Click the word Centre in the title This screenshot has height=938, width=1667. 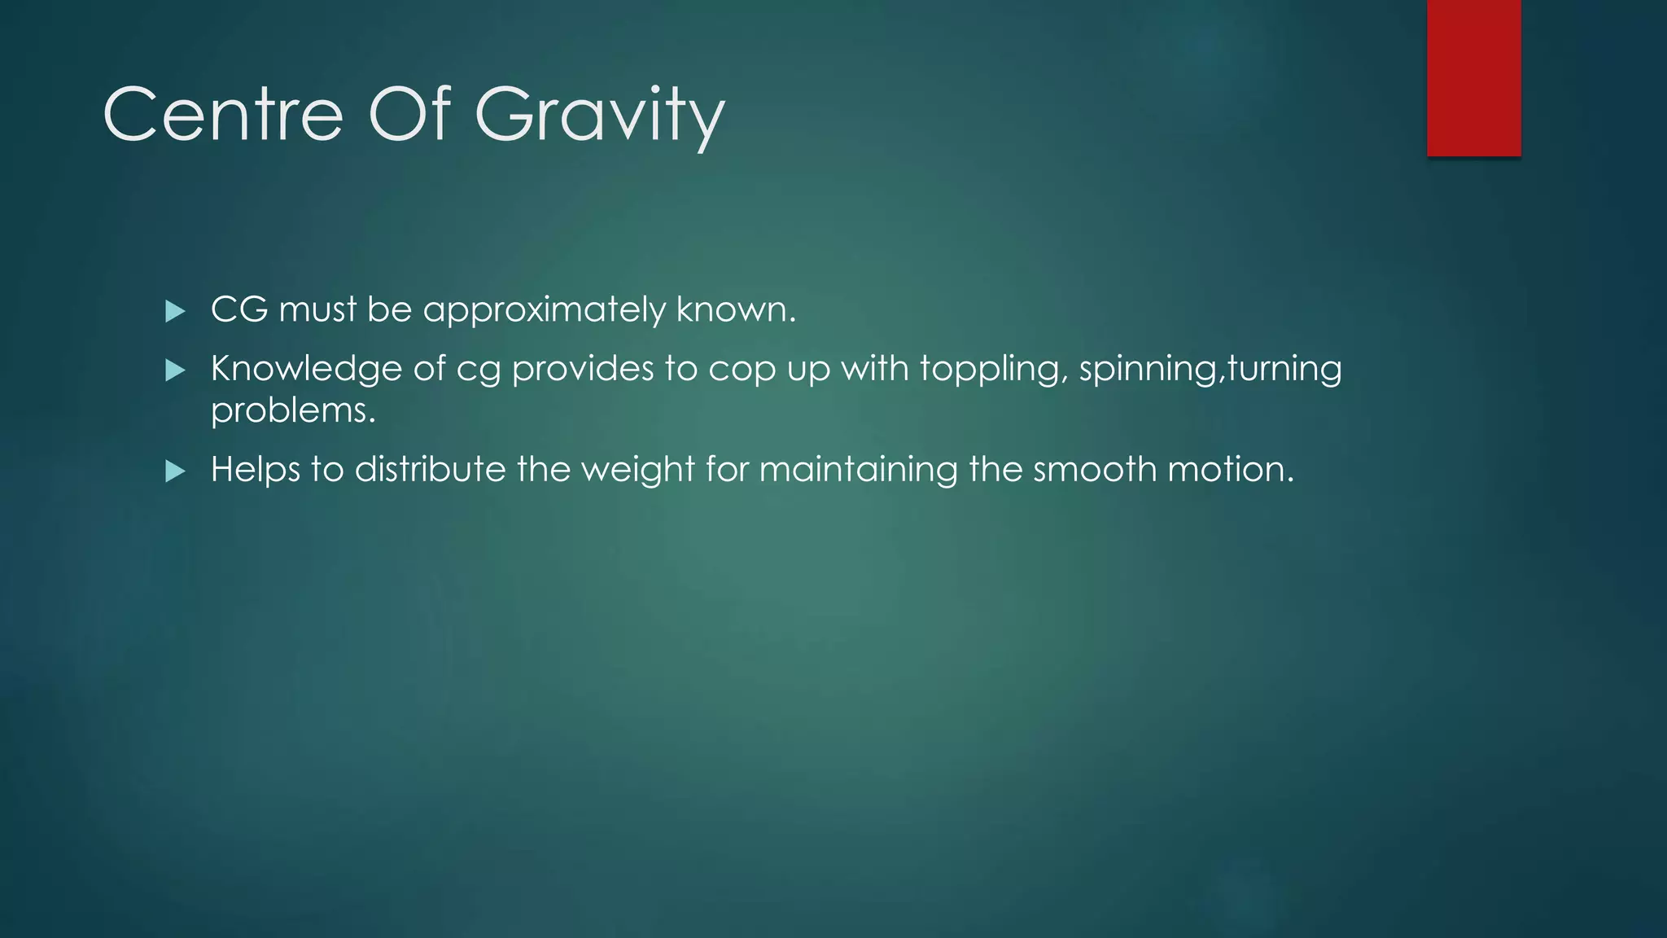tap(223, 115)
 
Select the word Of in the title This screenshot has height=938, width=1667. tap(409, 115)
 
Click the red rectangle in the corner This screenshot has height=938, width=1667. tap(1473, 77)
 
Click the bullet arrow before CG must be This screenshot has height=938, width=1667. tap(175, 311)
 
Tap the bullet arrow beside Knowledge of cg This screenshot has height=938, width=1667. tap(175, 370)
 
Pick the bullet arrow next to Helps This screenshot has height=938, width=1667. tap(175, 471)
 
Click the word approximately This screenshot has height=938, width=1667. tap(544, 310)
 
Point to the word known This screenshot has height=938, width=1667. tap(735, 309)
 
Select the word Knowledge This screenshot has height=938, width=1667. tap(306, 370)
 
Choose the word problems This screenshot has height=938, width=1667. tap(293, 411)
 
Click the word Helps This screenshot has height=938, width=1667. tap(256, 471)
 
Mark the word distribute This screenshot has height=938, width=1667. tap(430, 470)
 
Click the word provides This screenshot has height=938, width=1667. tap(583, 370)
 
